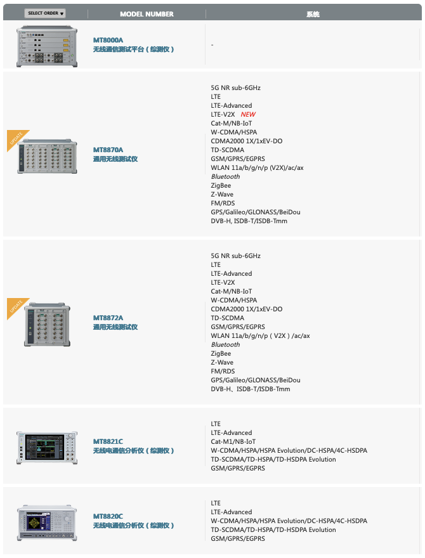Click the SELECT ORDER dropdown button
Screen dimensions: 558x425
click(x=45, y=13)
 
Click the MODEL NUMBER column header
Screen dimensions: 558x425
click(x=147, y=14)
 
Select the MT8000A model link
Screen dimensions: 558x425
click(x=108, y=40)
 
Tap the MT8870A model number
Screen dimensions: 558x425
click(x=108, y=150)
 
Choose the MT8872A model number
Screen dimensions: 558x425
click(x=108, y=318)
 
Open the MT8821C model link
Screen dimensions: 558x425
click(x=108, y=441)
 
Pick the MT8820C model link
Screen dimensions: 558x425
click(x=108, y=516)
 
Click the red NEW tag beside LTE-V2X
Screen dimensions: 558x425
click(x=248, y=115)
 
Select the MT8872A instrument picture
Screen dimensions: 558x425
click(x=48, y=324)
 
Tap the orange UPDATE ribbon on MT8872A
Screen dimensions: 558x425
click(x=16, y=308)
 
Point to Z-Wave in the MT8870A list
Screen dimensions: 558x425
click(x=222, y=195)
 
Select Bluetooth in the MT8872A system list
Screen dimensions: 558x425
click(x=225, y=345)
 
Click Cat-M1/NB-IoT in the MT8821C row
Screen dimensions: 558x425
click(x=233, y=442)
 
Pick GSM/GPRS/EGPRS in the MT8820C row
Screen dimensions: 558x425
click(x=238, y=539)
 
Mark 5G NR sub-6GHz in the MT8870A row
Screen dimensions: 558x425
click(x=236, y=88)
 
